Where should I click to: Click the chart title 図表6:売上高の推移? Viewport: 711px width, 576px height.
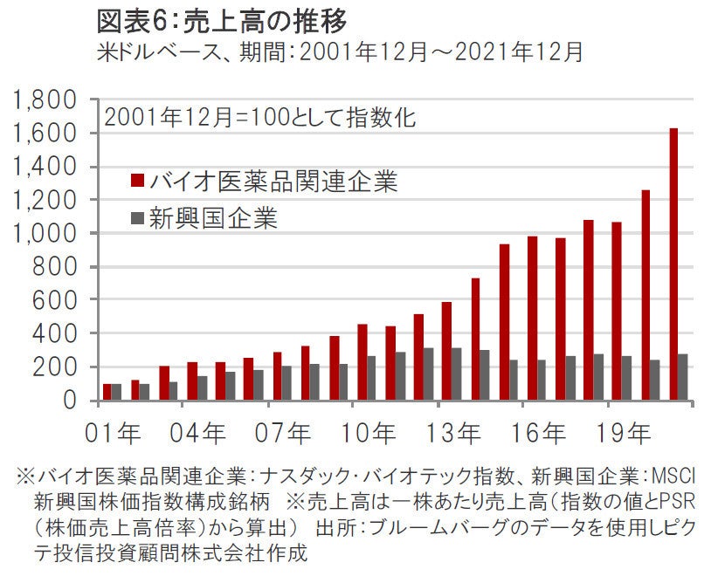214,19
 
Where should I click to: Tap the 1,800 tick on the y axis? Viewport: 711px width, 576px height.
45,100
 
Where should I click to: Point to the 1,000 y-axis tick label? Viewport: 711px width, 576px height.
45,234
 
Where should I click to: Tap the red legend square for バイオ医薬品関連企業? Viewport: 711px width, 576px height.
137,181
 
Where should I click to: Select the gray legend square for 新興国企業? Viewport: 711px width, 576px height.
137,218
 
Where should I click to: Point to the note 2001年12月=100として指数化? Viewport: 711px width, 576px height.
259,117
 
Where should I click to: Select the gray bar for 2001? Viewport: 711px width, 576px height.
118,392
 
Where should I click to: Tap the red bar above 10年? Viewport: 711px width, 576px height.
362,362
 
